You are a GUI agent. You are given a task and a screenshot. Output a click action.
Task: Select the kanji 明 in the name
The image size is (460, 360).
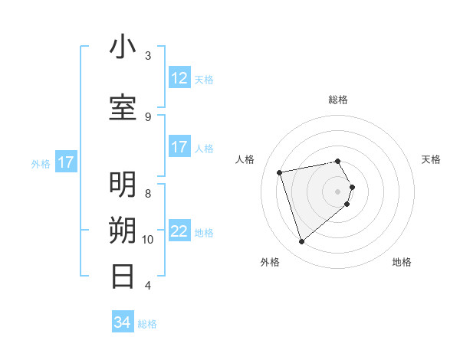(123, 185)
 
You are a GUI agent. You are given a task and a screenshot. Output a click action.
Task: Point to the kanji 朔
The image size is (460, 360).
(123, 231)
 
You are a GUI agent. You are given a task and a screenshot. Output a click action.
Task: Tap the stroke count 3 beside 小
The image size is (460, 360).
(148, 55)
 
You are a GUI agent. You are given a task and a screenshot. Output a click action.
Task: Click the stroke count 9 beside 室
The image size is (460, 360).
(148, 116)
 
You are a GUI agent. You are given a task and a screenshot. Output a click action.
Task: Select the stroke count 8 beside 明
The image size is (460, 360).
(148, 193)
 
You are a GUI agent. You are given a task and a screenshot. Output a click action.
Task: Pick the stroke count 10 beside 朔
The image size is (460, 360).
(148, 239)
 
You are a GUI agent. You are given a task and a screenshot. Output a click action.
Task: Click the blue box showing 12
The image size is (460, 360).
(179, 78)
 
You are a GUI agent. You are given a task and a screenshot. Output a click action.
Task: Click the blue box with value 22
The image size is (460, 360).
(179, 232)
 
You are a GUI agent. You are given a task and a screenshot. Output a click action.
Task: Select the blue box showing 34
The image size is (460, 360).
(122, 322)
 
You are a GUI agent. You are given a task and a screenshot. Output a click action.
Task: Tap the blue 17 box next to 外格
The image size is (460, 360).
(66, 162)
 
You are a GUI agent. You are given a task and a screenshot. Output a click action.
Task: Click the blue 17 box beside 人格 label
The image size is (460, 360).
(179, 147)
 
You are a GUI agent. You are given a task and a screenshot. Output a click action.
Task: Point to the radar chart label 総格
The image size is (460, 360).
(338, 100)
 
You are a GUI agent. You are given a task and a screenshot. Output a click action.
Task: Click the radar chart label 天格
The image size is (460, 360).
(431, 159)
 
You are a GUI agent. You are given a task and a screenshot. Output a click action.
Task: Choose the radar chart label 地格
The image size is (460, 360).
(402, 262)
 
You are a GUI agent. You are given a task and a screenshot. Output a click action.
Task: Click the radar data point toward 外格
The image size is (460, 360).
(302, 242)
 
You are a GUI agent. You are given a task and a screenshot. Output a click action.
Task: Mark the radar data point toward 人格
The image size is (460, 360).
(280, 172)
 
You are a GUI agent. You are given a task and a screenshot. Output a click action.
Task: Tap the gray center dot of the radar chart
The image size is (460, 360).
(338, 191)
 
